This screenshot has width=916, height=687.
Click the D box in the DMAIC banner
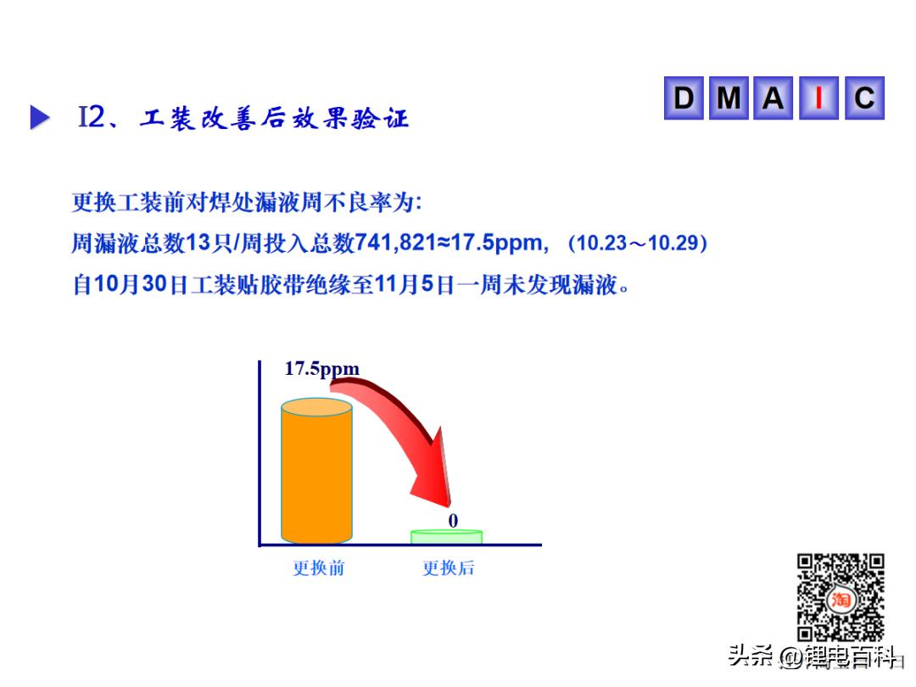684,98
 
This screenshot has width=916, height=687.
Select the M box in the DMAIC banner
729,98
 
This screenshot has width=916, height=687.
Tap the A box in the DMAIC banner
773,98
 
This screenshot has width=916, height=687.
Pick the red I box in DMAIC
818,98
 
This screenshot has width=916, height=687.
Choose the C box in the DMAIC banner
864,98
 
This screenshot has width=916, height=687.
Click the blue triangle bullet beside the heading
39,117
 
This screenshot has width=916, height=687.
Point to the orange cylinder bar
316,471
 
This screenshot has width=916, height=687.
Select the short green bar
447,536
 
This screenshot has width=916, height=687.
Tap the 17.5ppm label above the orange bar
322,369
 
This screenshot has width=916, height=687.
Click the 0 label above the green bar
453,520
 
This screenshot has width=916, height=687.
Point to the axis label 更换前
318,567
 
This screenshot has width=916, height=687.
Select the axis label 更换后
448,567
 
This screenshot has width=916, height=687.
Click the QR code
841,598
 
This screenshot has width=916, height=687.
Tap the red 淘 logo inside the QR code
841,600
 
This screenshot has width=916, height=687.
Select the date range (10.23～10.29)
638,243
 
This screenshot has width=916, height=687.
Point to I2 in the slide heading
92,116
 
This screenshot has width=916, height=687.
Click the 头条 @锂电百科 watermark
813,656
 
